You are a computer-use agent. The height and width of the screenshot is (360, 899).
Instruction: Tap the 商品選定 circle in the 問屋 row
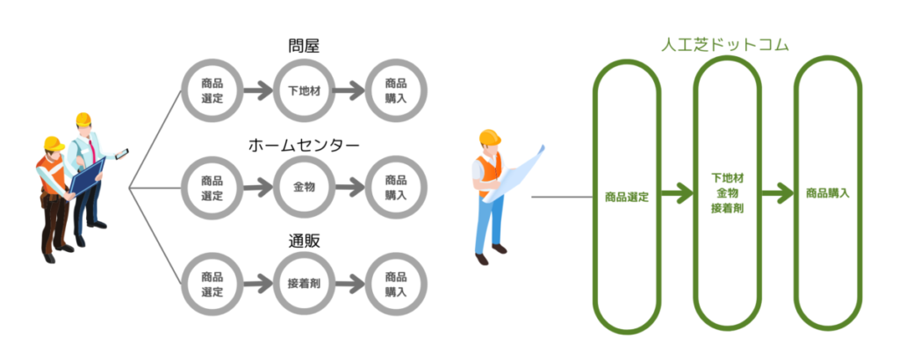tap(212, 90)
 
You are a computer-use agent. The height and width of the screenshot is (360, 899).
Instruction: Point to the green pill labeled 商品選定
tap(627, 197)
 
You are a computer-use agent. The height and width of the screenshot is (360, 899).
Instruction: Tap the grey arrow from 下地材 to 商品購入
tap(349, 90)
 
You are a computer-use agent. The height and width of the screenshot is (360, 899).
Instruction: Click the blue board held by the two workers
tap(88, 176)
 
